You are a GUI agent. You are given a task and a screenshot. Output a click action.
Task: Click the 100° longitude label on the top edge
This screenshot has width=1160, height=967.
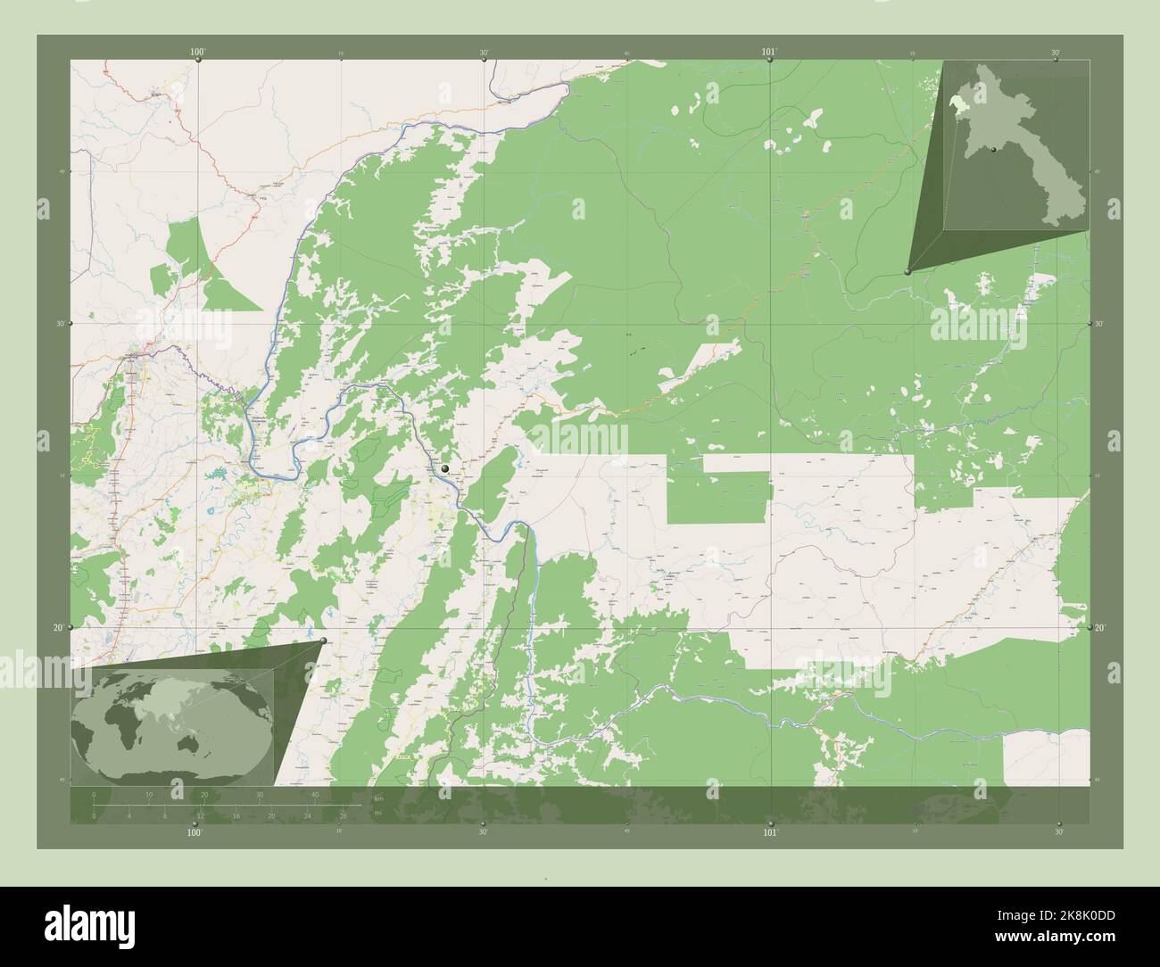197,53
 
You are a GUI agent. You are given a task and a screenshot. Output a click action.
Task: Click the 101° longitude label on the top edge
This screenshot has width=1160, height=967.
770,53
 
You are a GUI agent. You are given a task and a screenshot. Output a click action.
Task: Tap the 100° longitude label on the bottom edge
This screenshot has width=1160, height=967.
195,832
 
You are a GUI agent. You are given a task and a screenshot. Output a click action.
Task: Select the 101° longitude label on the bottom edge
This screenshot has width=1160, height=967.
770,832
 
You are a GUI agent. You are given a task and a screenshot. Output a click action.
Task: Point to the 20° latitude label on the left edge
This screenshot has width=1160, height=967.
57,628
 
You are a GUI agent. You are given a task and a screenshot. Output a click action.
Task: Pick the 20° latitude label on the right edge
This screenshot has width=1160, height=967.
1100,628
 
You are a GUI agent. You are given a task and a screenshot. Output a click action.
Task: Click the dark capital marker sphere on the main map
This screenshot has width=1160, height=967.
445,467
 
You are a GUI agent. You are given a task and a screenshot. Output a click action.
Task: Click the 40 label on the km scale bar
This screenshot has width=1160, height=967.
314,794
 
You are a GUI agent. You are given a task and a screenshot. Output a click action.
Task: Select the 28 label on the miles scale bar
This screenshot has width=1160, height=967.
343,815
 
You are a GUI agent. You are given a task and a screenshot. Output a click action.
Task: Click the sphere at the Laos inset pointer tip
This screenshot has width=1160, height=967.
907,271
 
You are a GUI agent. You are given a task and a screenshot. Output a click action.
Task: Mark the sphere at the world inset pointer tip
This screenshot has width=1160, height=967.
323,641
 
